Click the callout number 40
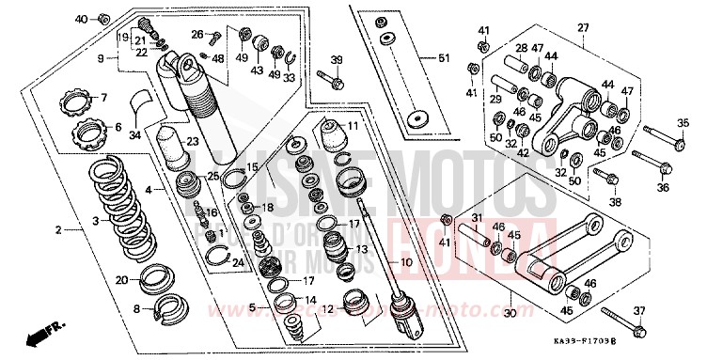(x=81, y=19)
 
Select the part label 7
(x=104, y=97)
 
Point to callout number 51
(x=458, y=58)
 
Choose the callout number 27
(x=582, y=28)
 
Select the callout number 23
(x=192, y=142)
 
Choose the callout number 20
(x=121, y=279)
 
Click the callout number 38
(x=615, y=200)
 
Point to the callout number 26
(x=197, y=35)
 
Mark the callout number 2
(x=59, y=229)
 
